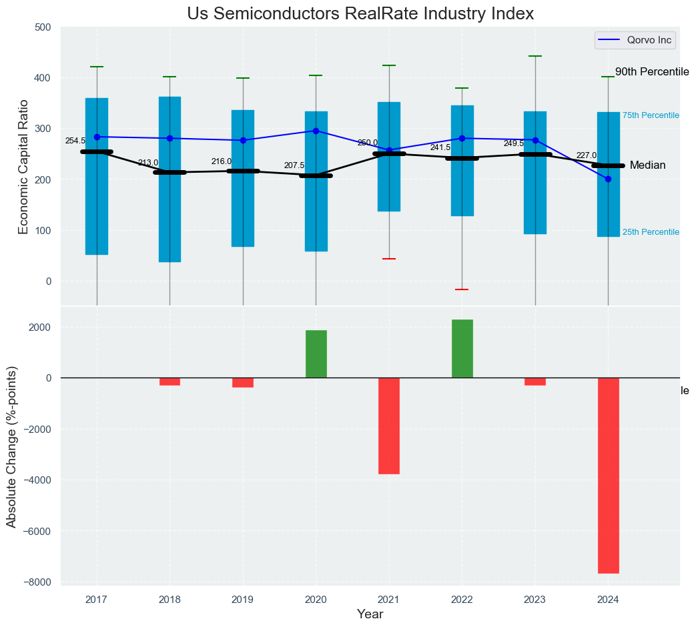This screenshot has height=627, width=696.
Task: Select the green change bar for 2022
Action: point(462,348)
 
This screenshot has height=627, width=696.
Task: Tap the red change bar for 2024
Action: point(608,475)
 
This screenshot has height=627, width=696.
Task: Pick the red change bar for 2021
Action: point(389,426)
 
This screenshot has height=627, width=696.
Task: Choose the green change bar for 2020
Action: point(316,354)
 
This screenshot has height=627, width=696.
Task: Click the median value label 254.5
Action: point(75,141)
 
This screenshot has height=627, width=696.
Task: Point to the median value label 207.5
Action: point(294,165)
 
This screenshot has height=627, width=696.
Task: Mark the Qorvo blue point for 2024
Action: point(608,179)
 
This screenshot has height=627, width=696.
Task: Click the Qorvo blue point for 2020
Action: point(316,131)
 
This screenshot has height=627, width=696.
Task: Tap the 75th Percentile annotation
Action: point(650,115)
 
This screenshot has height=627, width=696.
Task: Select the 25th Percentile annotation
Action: point(650,232)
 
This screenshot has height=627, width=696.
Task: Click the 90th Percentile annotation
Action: point(651,72)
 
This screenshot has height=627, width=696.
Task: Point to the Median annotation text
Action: point(647,165)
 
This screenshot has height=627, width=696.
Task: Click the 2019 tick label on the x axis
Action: point(243,600)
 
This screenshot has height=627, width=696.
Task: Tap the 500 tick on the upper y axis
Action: point(43,27)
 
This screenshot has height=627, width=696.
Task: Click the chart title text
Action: point(360,14)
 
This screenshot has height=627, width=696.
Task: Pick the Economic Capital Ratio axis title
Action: point(23,167)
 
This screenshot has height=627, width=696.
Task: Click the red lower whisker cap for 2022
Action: point(462,289)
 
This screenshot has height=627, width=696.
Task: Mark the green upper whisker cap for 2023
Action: point(535,57)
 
